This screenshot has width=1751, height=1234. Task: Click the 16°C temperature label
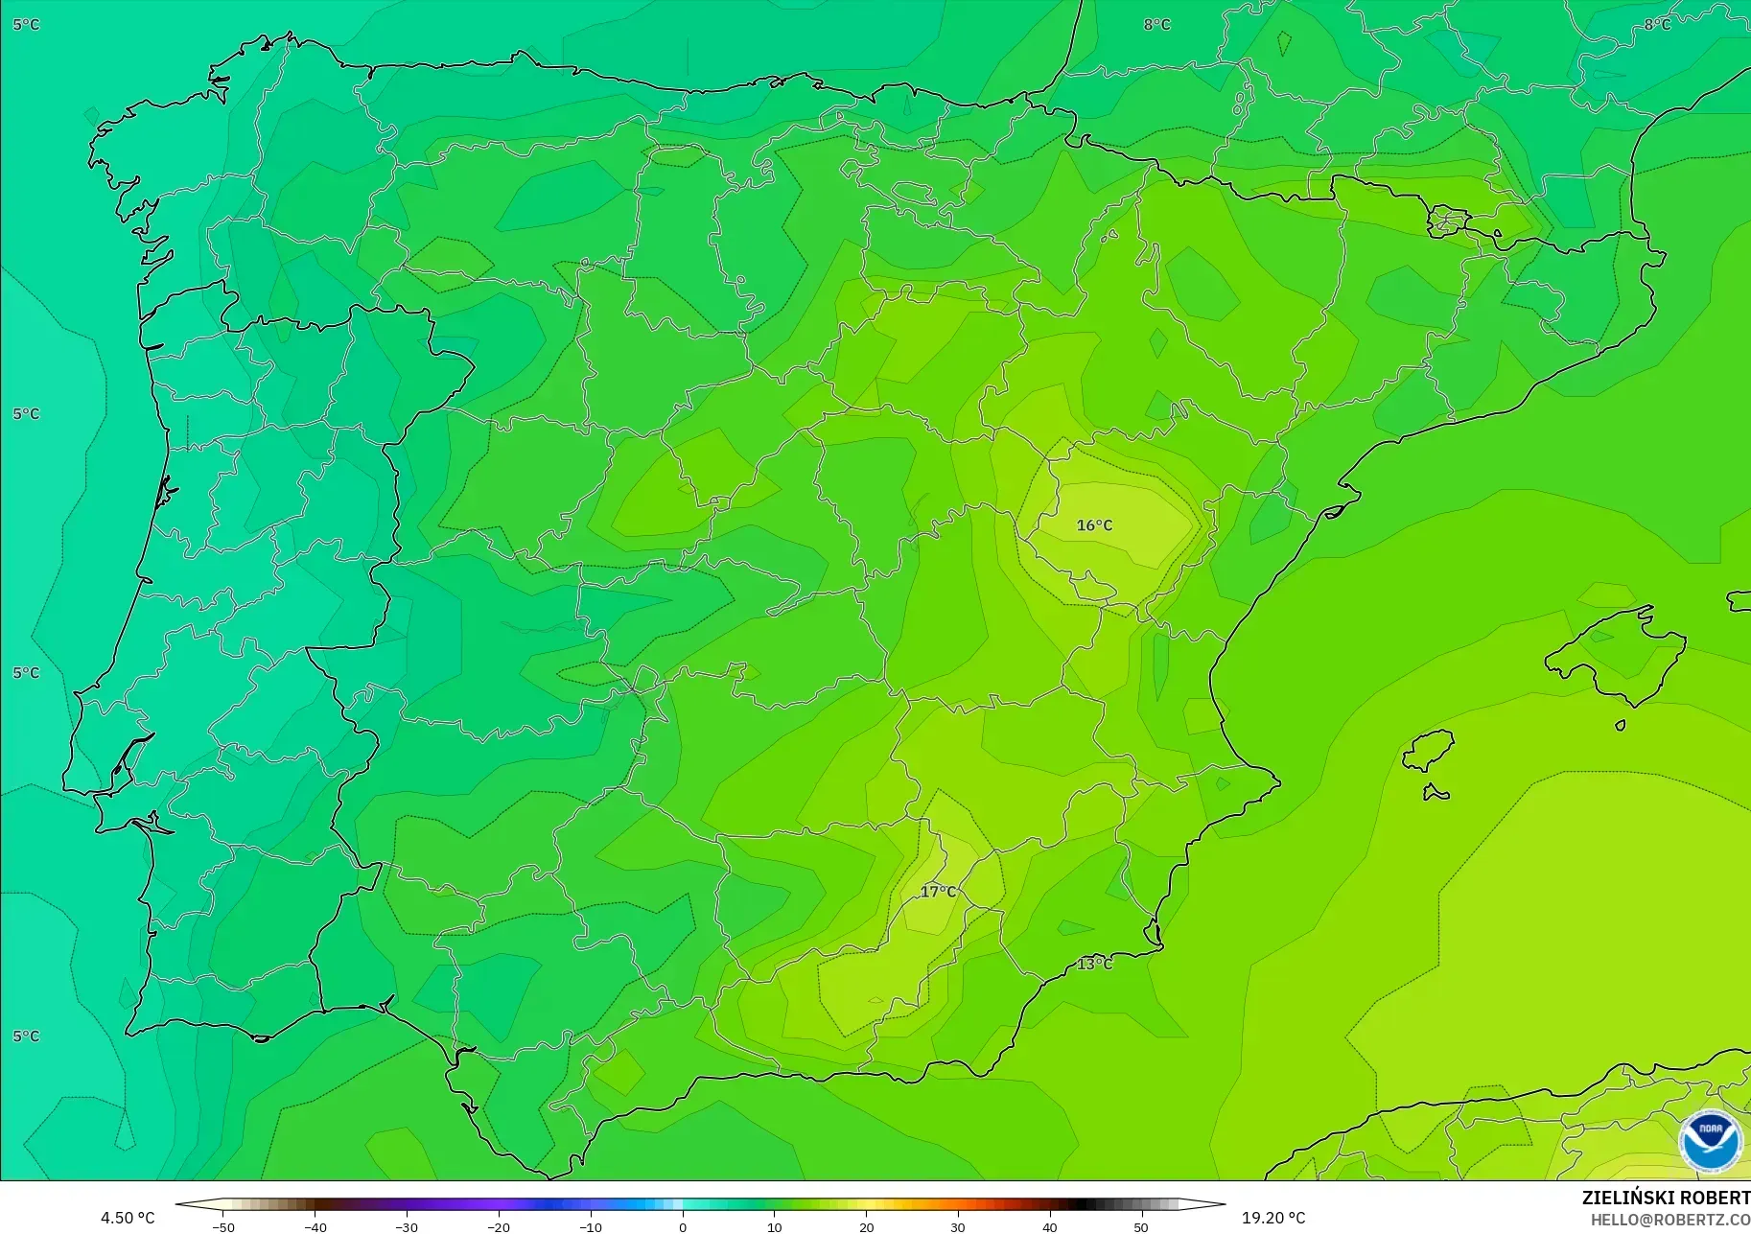[1094, 525]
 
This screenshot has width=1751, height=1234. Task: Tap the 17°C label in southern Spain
[938, 892]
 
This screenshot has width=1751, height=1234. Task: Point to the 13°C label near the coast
[1094, 964]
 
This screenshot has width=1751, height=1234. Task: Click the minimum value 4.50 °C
[128, 1218]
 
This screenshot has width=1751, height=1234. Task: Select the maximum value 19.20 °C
[1273, 1218]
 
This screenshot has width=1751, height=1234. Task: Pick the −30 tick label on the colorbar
[407, 1227]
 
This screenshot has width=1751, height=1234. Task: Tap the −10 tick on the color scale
[591, 1227]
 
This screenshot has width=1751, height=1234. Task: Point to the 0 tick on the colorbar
[682, 1227]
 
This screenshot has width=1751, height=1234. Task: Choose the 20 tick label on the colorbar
[866, 1227]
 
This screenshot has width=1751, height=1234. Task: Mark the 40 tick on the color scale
[1050, 1227]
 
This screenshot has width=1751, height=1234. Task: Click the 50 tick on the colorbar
[1141, 1227]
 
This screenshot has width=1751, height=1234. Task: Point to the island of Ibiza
[1430, 751]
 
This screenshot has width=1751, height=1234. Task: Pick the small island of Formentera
[1436, 793]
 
